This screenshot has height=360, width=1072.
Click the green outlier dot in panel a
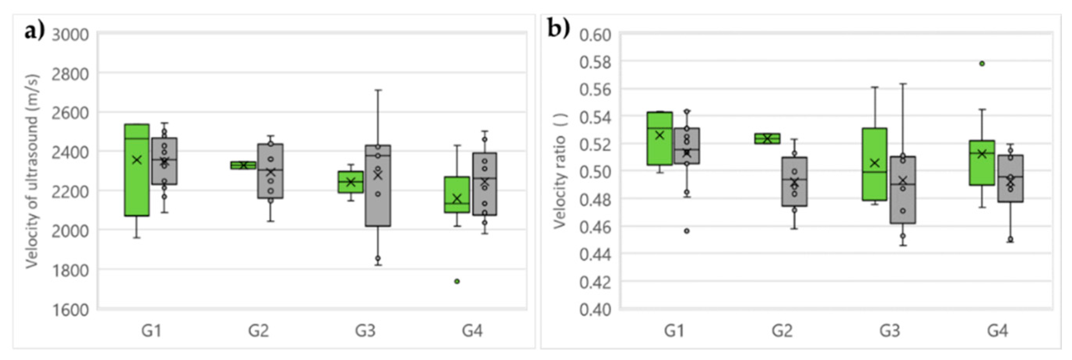click(x=457, y=281)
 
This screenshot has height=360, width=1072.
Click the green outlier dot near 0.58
click(x=982, y=64)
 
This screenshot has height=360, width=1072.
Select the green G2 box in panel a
click(x=244, y=165)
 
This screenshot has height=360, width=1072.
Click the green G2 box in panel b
click(x=767, y=139)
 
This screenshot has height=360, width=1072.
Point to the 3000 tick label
click(x=70, y=35)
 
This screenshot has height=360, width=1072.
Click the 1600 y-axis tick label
click(x=70, y=310)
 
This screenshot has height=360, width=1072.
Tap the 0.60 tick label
click(x=595, y=35)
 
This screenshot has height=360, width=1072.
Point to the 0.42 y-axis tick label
click(x=595, y=282)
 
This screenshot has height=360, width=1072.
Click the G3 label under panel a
click(x=365, y=331)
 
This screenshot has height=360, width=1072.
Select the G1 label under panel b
click(x=674, y=331)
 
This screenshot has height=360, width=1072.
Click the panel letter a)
click(x=34, y=31)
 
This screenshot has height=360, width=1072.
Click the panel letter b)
click(x=558, y=29)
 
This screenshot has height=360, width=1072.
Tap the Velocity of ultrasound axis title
click(x=32, y=172)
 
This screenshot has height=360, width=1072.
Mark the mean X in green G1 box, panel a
click(x=137, y=160)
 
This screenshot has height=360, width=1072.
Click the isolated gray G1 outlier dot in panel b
click(x=687, y=231)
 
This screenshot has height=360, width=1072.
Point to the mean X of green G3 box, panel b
click(x=874, y=163)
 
